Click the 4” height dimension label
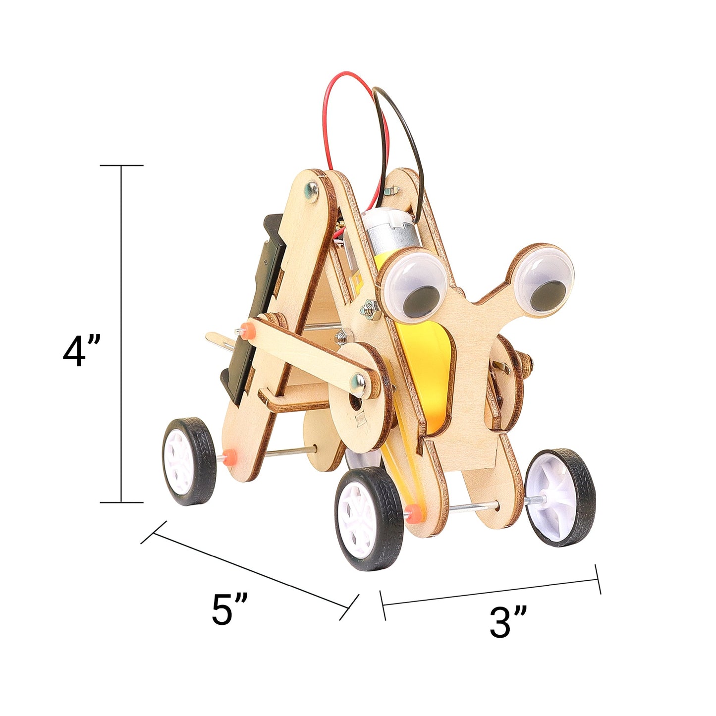pyautogui.click(x=82, y=351)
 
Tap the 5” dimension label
pyautogui.click(x=229, y=609)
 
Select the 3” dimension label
pyautogui.click(x=507, y=622)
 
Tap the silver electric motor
pyautogui.click(x=391, y=230)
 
